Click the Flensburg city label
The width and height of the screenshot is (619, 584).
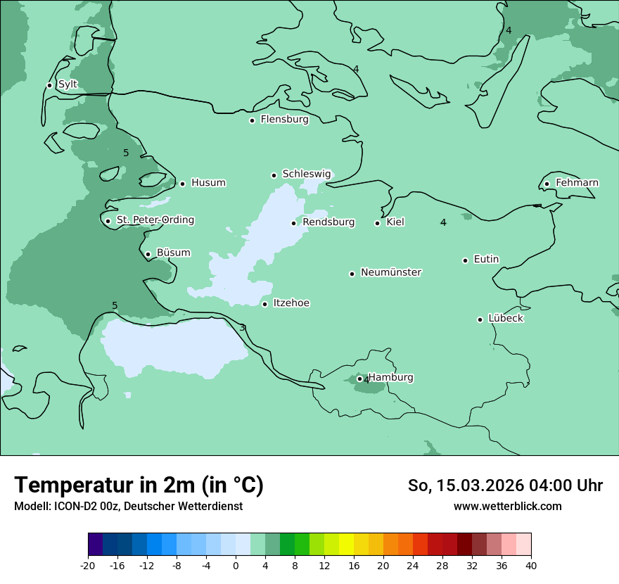click(284, 120)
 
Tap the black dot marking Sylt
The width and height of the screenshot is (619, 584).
click(49, 85)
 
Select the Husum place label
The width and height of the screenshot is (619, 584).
click(208, 183)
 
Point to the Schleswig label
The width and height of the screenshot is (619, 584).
click(306, 174)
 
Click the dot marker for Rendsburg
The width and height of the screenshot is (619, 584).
click(294, 223)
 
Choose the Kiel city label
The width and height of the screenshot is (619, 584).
click(395, 222)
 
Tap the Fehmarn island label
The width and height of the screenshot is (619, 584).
click(577, 183)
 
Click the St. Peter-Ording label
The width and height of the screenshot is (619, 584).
click(155, 220)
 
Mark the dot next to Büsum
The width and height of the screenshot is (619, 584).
click(148, 254)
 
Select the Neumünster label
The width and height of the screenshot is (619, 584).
click(391, 272)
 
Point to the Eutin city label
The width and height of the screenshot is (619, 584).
click(486, 260)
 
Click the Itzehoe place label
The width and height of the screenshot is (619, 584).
click(291, 303)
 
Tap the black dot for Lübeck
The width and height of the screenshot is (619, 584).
click(480, 319)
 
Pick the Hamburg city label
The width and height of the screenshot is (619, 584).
click(391, 377)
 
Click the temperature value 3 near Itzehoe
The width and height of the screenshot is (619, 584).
click(242, 328)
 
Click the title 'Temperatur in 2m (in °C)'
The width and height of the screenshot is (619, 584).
click(139, 485)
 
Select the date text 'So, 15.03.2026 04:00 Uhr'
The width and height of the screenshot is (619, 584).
click(505, 485)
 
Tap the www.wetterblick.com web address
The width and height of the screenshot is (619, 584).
click(507, 506)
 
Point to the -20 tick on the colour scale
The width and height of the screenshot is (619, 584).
click(88, 565)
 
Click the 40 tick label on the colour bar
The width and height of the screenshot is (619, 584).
click(531, 565)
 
